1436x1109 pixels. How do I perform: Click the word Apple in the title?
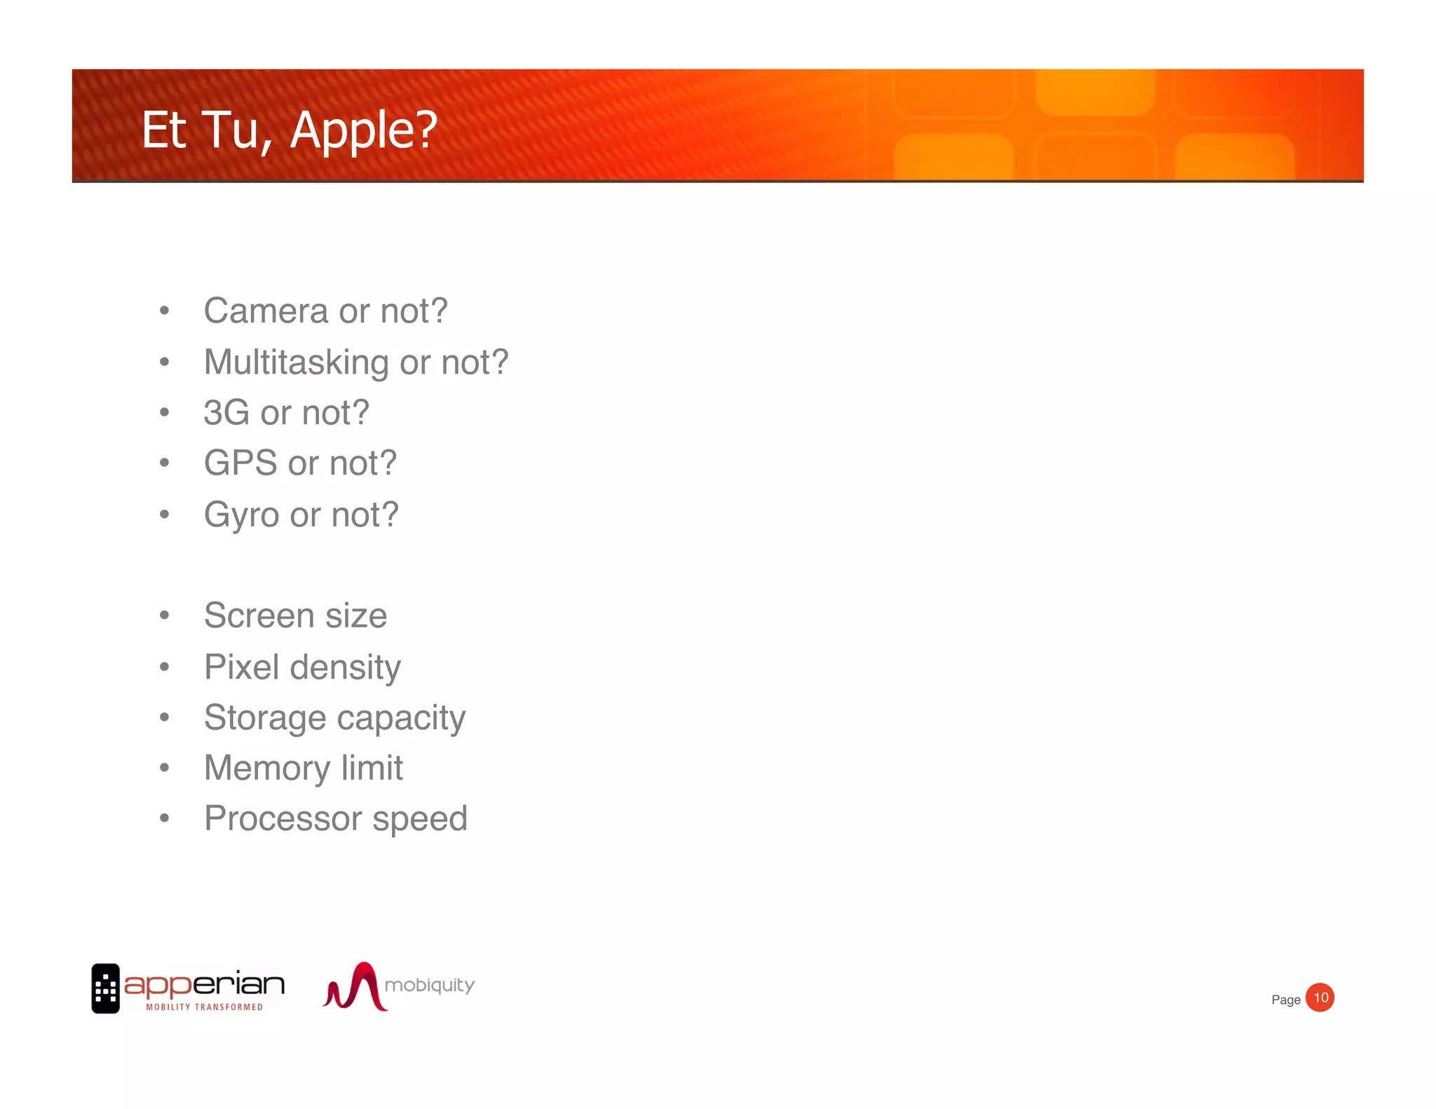[363, 130]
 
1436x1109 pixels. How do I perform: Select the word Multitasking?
[296, 362]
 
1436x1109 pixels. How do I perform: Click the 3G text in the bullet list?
[226, 412]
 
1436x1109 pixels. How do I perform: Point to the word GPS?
[240, 463]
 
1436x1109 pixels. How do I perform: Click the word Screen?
[259, 615]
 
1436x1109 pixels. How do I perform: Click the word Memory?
[266, 768]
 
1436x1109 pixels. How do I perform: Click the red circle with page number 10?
[1320, 998]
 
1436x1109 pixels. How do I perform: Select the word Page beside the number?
[1285, 1000]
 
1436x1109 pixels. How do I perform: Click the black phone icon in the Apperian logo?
[105, 988]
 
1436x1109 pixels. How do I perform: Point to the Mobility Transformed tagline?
[204, 1007]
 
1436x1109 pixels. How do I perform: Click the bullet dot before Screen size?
[164, 615]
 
